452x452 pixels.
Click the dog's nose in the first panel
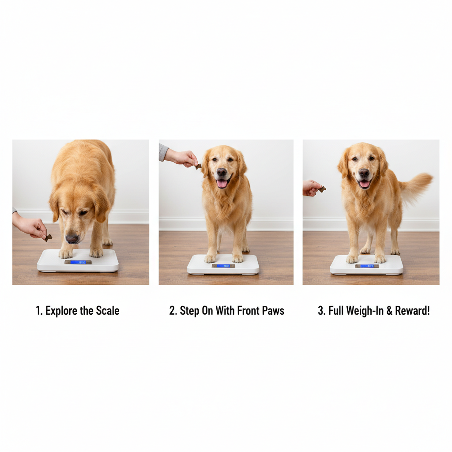pos(72,239)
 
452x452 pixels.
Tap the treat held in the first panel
pos(48,238)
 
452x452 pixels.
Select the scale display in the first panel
pos(78,262)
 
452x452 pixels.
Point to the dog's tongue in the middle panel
pos(222,183)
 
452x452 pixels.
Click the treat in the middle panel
pos(198,166)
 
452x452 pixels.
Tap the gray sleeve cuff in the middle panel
pos(163,152)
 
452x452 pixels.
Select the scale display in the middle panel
pos(223,266)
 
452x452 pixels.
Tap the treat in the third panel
pos(322,189)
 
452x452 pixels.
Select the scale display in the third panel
pos(367,266)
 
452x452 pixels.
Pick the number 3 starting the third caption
pos(320,311)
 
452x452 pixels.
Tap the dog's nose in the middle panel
pos(222,172)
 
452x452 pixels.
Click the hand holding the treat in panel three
pos(311,187)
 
